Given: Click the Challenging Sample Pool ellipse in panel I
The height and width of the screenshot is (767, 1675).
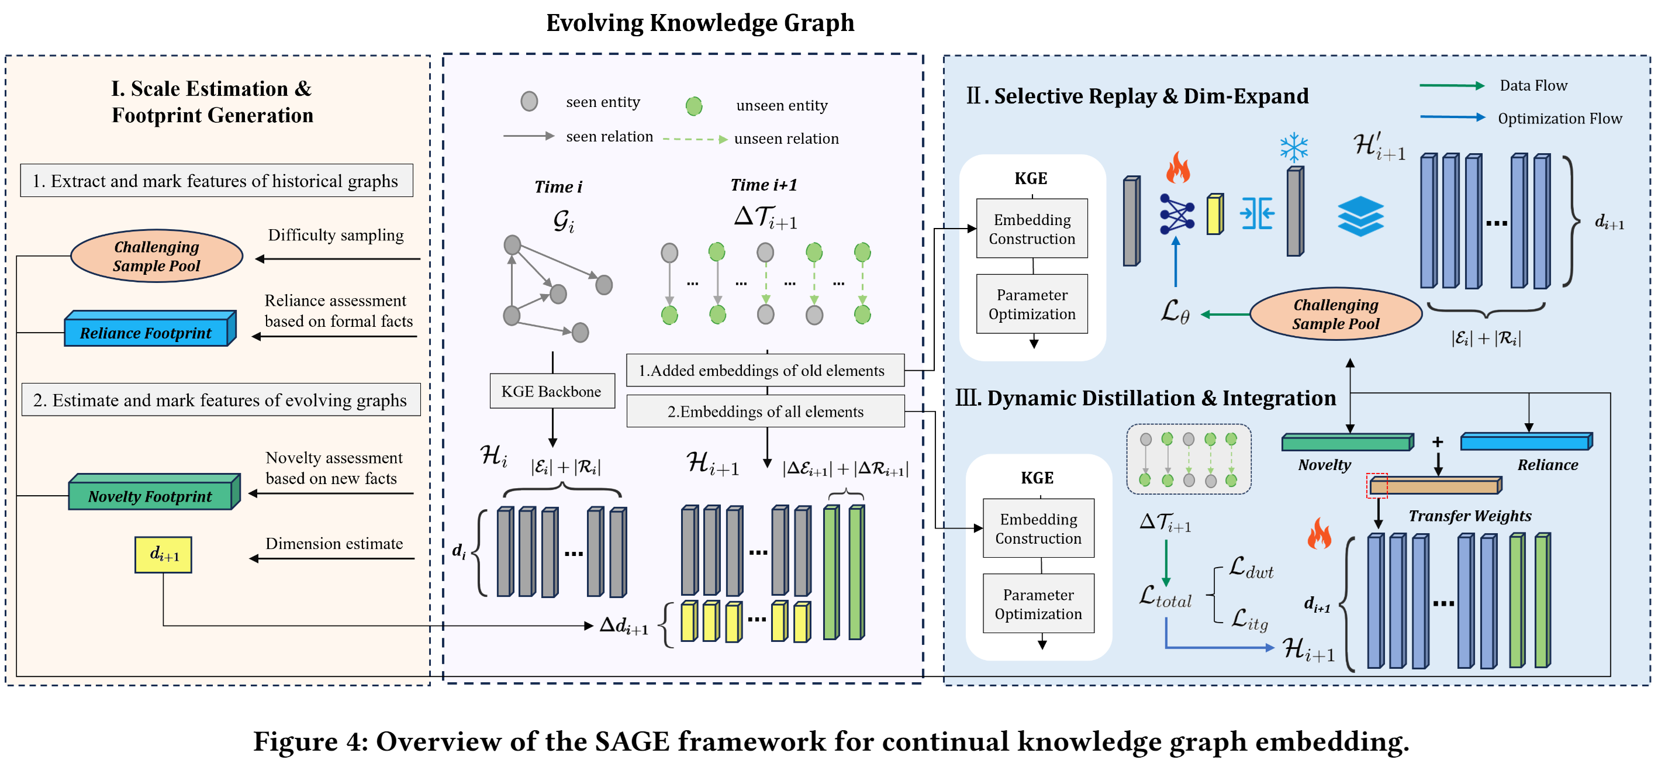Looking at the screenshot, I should (156, 256).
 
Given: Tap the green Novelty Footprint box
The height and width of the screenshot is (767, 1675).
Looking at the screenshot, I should (151, 495).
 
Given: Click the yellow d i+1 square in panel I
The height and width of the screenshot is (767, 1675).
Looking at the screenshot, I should (163, 554).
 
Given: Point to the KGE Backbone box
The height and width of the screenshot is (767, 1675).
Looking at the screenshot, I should (551, 391).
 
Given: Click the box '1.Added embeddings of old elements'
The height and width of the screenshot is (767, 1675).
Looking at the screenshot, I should (765, 371).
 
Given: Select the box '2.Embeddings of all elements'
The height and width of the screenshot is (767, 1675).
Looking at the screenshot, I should (765, 412).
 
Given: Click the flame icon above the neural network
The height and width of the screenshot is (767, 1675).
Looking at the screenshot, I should (1177, 168).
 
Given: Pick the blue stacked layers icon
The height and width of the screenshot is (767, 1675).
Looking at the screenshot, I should (1360, 216).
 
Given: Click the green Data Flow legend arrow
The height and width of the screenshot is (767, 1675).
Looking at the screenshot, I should (1451, 86).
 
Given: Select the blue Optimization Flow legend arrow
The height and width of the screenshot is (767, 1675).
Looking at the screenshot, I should (1451, 118).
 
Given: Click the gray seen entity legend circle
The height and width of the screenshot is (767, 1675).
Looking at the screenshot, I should (529, 101).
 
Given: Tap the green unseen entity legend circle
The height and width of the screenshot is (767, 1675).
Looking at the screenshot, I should (694, 106).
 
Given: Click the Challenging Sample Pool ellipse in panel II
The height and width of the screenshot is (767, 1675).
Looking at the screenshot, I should (1335, 314).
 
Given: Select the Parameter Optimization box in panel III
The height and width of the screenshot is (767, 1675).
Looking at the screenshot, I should (1038, 603).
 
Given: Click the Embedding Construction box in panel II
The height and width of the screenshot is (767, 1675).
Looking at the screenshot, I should (1032, 229).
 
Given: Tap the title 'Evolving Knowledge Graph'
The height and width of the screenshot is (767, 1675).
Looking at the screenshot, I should (700, 23).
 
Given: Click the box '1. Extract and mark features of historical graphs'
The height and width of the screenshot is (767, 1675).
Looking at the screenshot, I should (216, 181).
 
